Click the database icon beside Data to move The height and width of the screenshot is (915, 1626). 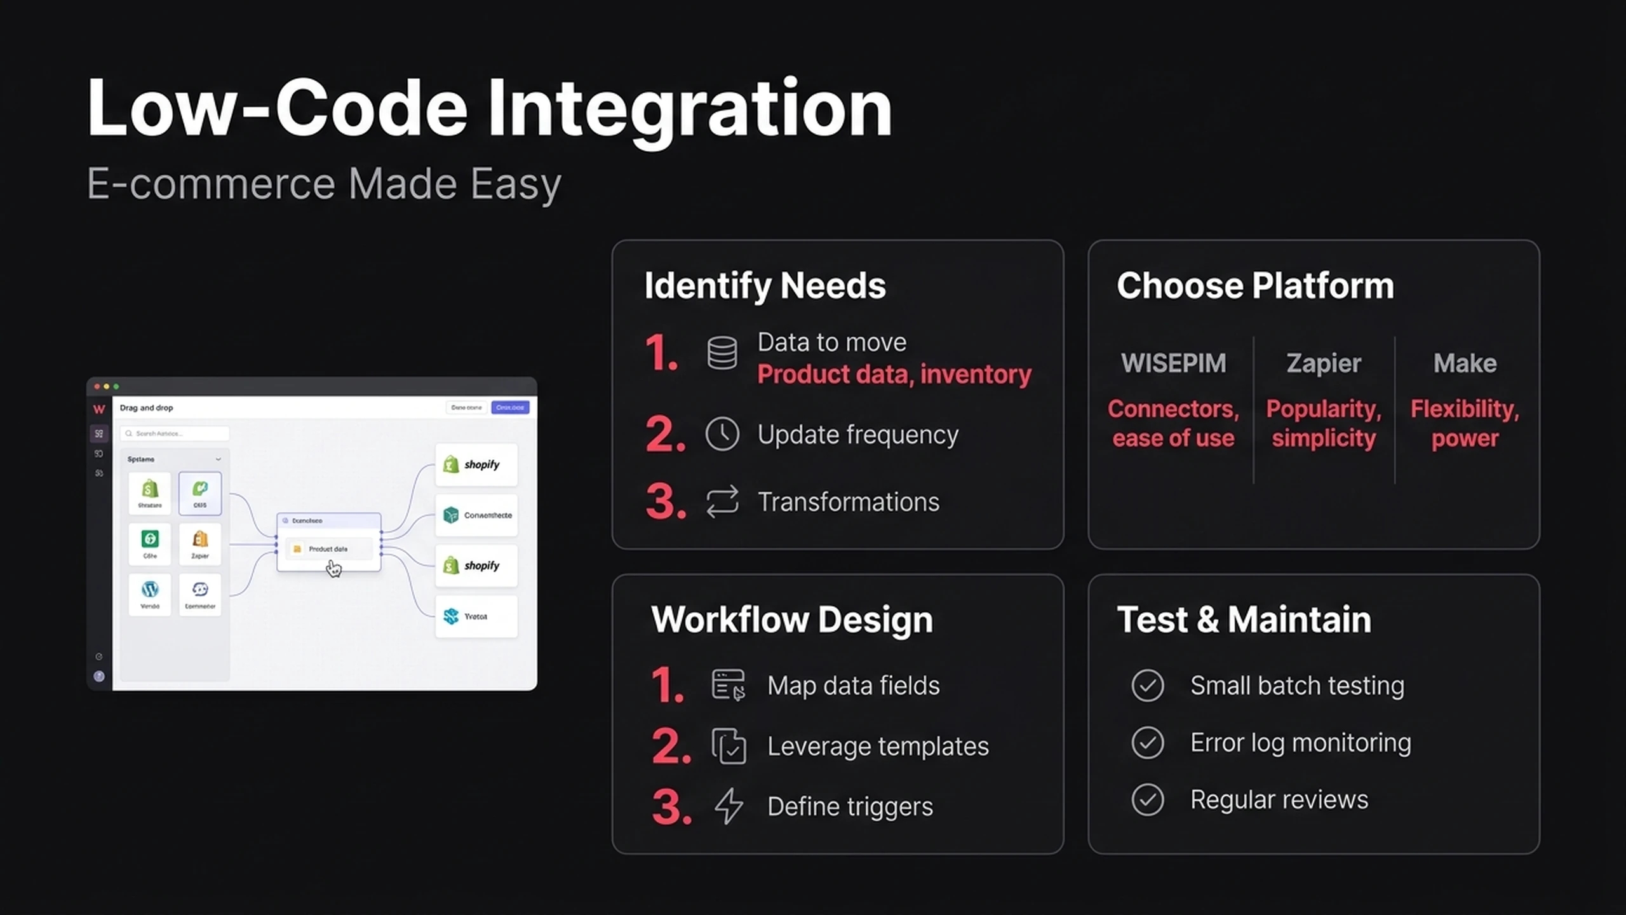(722, 353)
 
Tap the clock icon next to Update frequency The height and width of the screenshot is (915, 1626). (722, 434)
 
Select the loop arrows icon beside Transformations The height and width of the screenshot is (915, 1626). (722, 501)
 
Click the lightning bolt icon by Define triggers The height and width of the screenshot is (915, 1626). (729, 806)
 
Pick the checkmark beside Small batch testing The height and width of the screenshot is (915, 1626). (1147, 686)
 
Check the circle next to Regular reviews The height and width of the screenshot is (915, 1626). (1147, 799)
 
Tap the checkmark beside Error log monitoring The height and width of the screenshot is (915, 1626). (1147, 742)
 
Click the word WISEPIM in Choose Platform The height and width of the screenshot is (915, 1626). (1173, 363)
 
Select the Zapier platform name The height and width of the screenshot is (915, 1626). (1324, 363)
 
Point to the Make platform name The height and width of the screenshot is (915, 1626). (1465, 363)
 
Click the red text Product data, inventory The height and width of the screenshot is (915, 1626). (894, 374)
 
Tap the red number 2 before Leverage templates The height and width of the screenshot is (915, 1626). (670, 746)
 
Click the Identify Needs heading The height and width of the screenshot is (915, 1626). (765, 285)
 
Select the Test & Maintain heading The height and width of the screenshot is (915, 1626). (1244, 620)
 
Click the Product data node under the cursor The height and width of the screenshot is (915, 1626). (328, 548)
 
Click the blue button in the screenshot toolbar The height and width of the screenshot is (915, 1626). (510, 407)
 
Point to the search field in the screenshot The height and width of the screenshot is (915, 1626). (175, 433)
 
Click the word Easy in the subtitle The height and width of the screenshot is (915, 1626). (516, 184)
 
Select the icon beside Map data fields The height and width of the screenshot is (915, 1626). (728, 685)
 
